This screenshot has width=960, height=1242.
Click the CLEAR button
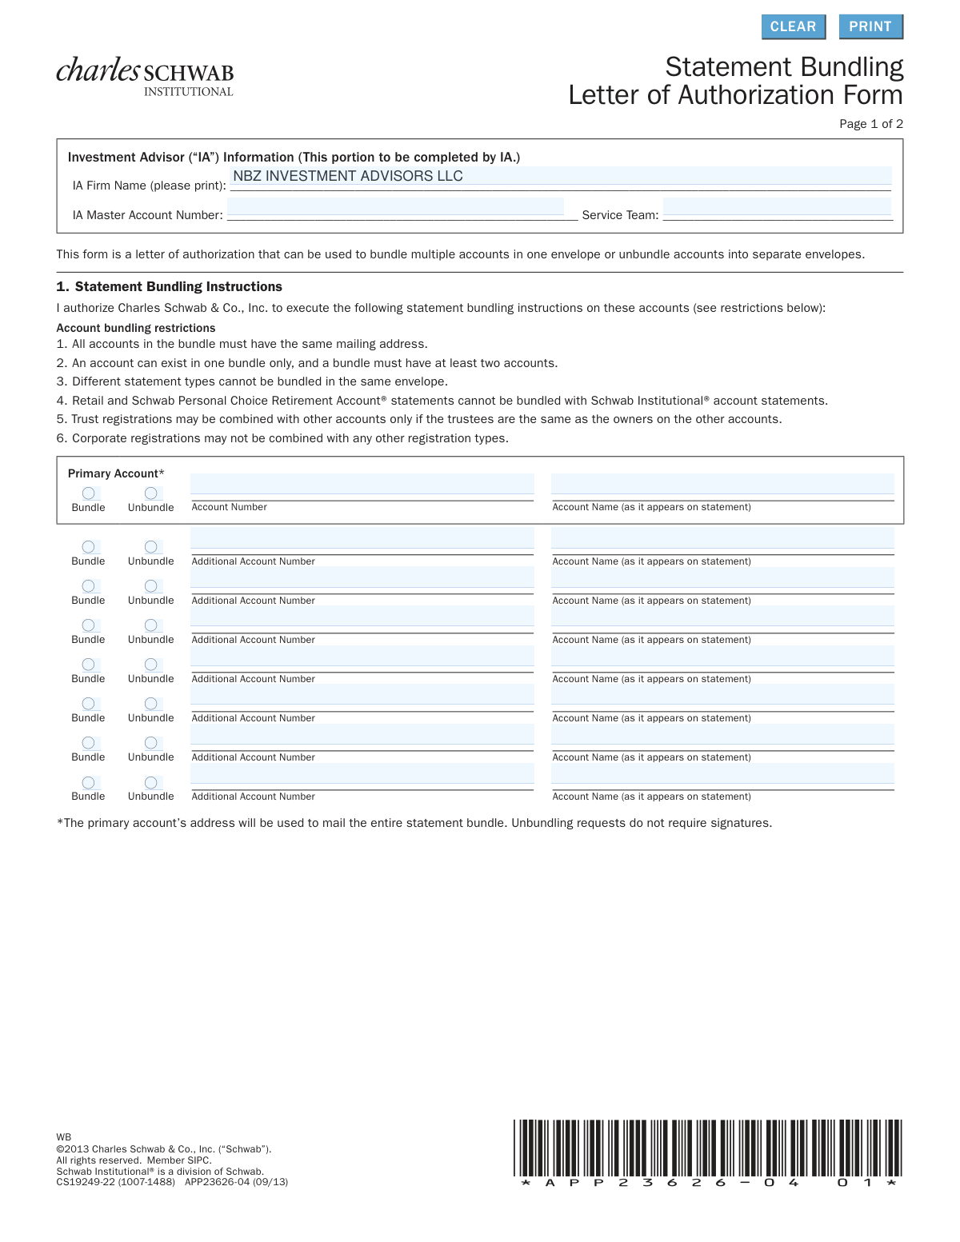coord(793,26)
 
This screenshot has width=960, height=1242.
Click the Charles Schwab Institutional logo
coord(145,77)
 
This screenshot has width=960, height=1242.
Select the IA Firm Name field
coord(560,177)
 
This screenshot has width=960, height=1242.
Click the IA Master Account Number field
coord(396,208)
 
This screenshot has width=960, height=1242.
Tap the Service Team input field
coord(776,208)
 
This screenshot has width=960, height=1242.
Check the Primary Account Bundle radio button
coord(89,493)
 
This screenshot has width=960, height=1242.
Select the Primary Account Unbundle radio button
coord(150,493)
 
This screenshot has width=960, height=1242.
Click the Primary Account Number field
coord(362,485)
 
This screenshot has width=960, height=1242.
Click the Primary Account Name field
coord(722,485)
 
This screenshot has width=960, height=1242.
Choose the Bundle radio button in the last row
coord(89,782)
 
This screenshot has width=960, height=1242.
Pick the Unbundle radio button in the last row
coord(150,782)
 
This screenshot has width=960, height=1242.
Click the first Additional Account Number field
coord(362,538)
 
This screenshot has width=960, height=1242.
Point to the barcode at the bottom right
coord(708,1152)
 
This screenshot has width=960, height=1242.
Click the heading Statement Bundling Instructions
coord(178,286)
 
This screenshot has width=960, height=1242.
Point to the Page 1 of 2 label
coord(870,124)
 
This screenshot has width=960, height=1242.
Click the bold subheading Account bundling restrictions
coord(136,328)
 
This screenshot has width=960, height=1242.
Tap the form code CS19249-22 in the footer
coord(86,1182)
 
